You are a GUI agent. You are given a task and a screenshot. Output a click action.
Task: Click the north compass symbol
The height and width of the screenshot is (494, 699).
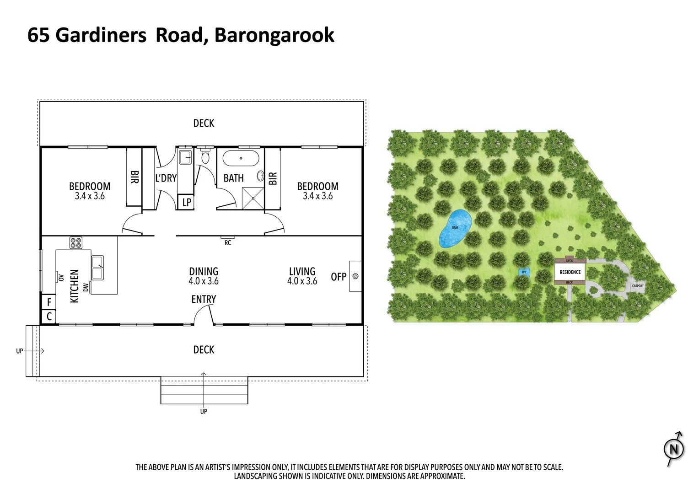click(674, 449)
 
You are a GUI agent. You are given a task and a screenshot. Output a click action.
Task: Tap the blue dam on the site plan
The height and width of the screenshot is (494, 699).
click(455, 229)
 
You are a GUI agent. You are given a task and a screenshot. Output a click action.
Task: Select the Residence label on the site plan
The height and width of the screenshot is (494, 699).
click(570, 272)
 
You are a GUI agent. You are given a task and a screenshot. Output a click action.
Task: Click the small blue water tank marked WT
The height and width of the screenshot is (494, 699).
click(524, 272)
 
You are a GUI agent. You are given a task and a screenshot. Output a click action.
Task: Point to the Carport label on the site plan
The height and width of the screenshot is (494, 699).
click(638, 286)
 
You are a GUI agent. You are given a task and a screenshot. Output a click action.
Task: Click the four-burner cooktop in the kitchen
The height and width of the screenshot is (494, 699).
click(76, 242)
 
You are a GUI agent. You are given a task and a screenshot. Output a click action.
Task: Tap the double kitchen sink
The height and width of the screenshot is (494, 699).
click(97, 268)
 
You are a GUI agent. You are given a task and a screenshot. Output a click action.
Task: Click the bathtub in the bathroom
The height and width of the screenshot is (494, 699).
click(241, 159)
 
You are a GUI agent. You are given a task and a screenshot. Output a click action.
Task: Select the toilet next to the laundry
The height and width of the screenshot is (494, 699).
click(205, 157)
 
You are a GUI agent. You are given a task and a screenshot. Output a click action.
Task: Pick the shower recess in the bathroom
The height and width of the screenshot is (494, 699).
click(253, 198)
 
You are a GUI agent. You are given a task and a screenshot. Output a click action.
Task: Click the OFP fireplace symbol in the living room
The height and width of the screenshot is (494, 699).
click(355, 276)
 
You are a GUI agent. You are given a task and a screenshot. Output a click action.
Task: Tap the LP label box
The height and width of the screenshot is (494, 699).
click(187, 202)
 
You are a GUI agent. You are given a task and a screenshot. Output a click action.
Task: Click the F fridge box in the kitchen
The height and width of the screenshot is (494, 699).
click(49, 302)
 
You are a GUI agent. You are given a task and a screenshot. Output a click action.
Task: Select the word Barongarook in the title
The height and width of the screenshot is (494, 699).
click(274, 35)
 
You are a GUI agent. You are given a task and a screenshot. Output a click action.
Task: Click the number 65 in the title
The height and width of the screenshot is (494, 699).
click(38, 35)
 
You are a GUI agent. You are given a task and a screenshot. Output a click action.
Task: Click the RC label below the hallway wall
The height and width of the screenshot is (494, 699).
click(228, 243)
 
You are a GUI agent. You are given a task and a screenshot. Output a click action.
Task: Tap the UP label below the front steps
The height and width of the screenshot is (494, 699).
click(204, 411)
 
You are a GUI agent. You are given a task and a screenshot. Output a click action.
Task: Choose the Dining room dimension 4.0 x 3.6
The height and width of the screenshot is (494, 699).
click(204, 281)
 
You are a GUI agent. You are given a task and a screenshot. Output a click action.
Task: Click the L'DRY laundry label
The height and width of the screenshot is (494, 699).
click(166, 178)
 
